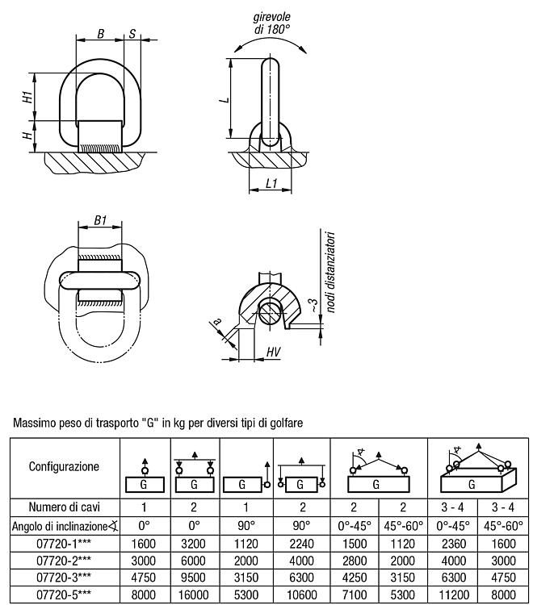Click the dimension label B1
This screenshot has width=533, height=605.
coord(100,220)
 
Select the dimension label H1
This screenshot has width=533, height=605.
coord(27,97)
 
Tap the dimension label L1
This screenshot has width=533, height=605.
coord(272,183)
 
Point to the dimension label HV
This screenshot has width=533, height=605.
coord(273,352)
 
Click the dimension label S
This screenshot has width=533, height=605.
coord(132,34)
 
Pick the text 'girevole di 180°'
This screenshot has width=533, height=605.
coord(272,23)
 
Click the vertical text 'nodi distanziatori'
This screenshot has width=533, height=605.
coord(330,272)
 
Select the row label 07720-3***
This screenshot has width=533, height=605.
coord(64,578)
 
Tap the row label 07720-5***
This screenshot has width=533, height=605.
coord(64,595)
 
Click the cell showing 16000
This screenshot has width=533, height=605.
coord(194,595)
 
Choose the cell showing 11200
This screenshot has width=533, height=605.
coord(454,595)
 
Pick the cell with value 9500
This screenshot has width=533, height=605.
coord(194,578)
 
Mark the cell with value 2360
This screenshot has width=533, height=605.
coord(454,544)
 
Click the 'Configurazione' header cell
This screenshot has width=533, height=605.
coord(64,466)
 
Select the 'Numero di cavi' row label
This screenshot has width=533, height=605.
coord(64,507)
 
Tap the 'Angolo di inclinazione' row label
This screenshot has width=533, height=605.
coord(65,526)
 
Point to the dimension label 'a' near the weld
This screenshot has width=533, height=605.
coord(217,321)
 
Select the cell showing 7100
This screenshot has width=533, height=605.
coord(355,595)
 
